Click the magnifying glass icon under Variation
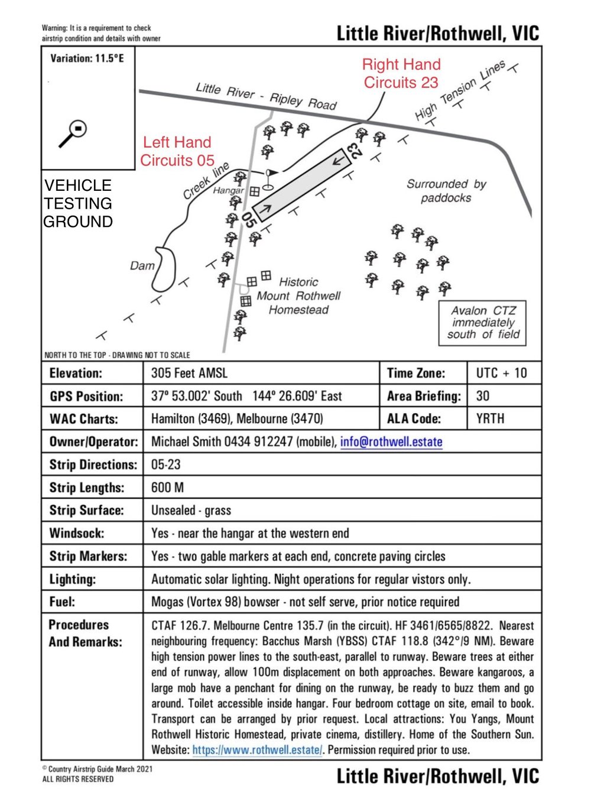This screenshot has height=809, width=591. click(x=73, y=134)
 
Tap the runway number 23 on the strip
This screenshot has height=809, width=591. click(x=355, y=151)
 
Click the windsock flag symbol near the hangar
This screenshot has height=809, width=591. click(x=271, y=174)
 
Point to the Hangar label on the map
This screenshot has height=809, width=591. click(x=228, y=190)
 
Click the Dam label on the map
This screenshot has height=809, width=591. click(x=142, y=266)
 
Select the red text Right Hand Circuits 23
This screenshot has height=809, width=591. click(x=401, y=73)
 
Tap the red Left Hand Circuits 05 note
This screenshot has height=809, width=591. click(x=177, y=151)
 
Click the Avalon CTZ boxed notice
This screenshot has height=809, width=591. click(x=482, y=323)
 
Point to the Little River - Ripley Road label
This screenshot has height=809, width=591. click(x=266, y=96)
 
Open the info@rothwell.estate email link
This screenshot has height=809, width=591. click(x=391, y=442)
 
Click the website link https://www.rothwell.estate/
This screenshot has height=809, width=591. click(x=257, y=750)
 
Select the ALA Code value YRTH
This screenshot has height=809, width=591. click(x=490, y=419)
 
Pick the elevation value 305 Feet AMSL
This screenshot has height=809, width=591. click(x=189, y=373)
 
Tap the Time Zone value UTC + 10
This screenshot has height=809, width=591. click(x=501, y=373)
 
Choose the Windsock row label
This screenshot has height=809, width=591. click(x=77, y=533)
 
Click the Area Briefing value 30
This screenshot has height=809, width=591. click(x=483, y=397)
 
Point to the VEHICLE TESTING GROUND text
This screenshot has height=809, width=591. click(x=78, y=203)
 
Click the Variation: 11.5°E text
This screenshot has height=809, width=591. click(x=87, y=59)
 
